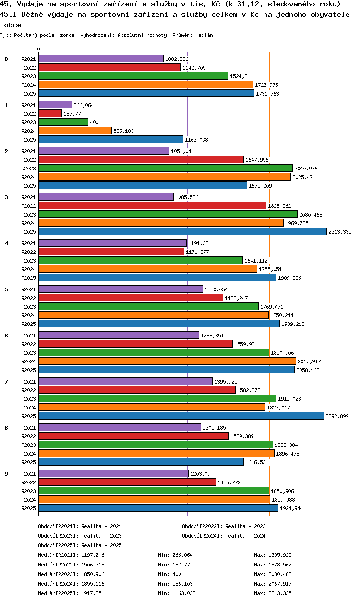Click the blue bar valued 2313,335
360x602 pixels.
pos(183,232)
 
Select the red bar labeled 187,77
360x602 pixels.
pos(50,114)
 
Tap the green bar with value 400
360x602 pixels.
pos(63,122)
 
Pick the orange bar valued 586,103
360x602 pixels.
pos(75,131)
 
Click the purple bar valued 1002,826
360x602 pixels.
pos(101,59)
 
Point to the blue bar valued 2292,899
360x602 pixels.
pos(181,416)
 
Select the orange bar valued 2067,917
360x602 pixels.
pos(168,361)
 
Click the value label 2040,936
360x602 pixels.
pos(306,169)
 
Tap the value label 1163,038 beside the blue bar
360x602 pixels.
pos(196,140)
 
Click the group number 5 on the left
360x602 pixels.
pos(6,289)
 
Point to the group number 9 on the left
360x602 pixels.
pos(6,474)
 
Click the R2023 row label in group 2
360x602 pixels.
pos(28,169)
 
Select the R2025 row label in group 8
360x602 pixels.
pos(28,462)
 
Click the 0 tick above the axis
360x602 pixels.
pos(39,49)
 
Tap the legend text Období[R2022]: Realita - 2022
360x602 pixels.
pos(224,526)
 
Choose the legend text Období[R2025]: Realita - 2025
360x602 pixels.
pos(80,545)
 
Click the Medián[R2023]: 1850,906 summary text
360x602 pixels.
pos(71,574)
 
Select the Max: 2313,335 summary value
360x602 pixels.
pos(273,593)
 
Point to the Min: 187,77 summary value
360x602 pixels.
pos(174,565)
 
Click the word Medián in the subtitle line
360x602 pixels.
pos(204,35)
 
